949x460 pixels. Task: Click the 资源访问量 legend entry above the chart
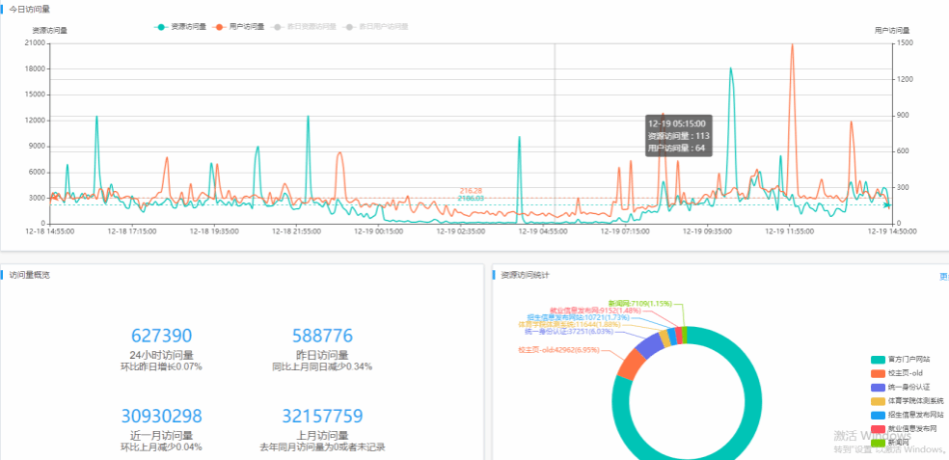tap(181, 26)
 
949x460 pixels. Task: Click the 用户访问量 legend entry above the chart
tap(240, 26)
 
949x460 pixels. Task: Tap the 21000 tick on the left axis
tap(36, 42)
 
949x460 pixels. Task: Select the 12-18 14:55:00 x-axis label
tap(50, 231)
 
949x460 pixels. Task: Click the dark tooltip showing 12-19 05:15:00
tap(678, 136)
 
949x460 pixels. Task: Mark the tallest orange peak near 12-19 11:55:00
tap(793, 45)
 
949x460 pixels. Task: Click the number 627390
tap(161, 336)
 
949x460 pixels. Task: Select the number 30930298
tap(161, 417)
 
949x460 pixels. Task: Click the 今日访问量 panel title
tap(30, 9)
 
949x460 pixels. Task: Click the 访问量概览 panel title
tap(30, 275)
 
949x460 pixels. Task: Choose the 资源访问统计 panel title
tap(525, 275)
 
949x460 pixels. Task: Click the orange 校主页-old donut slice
tap(631, 365)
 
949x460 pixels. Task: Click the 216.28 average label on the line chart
tap(472, 191)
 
